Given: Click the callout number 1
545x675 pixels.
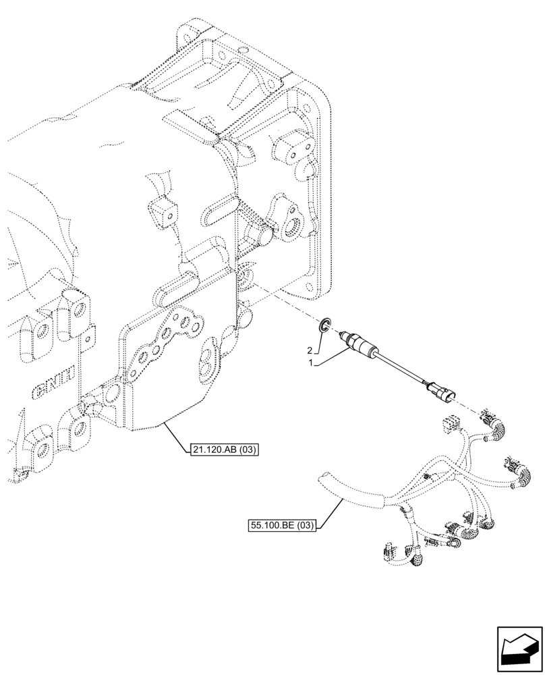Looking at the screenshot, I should (312, 362).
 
